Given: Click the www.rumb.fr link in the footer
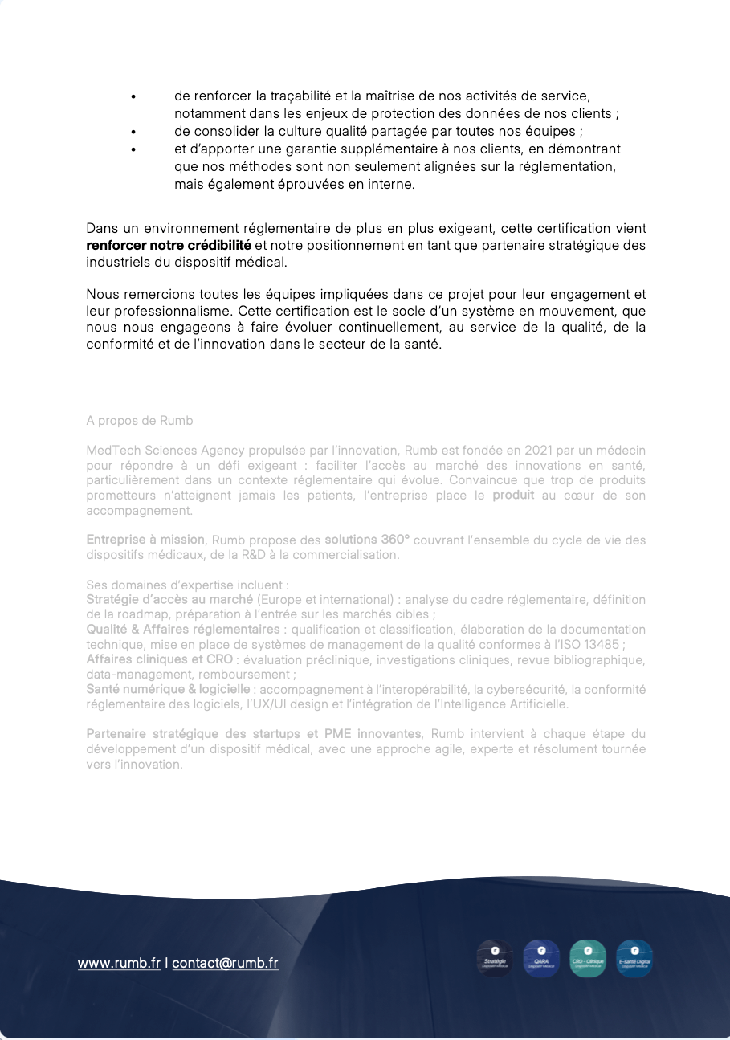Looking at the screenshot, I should coord(119,963).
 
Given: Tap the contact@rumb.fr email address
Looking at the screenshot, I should coord(225,963).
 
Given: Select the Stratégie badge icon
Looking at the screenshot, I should coord(495,958).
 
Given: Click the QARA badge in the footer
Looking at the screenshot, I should coord(541,958).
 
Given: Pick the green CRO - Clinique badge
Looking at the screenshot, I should coord(588,958).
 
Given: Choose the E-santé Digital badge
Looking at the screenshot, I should coord(634,958).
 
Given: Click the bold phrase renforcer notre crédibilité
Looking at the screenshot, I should coord(169,245).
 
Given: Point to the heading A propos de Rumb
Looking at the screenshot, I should coord(139,421).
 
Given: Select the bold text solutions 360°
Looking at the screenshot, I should coord(367,540).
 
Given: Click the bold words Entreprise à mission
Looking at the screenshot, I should coord(145,540).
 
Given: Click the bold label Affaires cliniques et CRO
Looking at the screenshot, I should coord(159,659).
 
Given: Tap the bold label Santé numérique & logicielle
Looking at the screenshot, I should coord(168,689).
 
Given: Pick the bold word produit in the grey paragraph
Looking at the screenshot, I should coord(513,495).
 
